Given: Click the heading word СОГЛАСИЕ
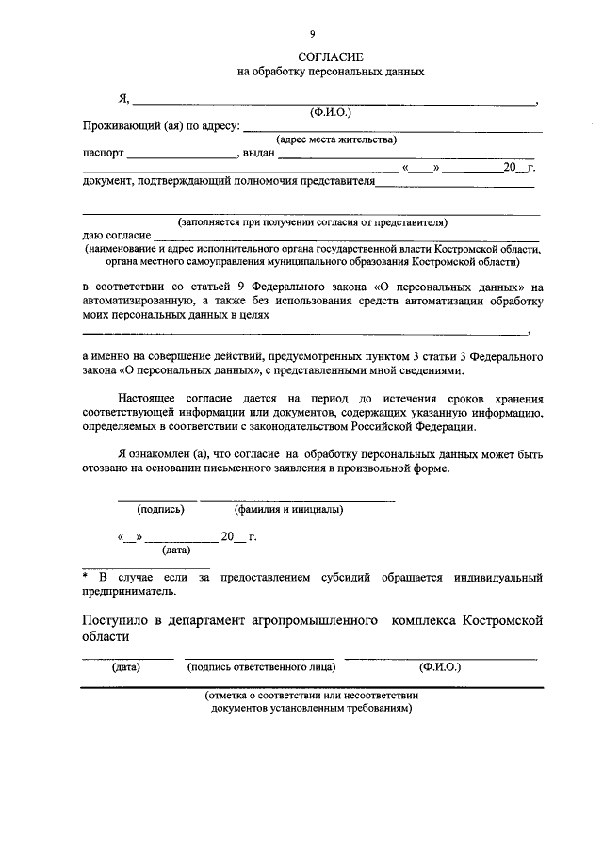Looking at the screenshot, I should click(312, 57).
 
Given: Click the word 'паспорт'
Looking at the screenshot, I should click(104, 154).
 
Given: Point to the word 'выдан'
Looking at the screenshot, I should click(258, 154).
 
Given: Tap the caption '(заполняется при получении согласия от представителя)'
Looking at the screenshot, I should click(312, 222).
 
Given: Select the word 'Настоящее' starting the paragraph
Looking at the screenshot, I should click(149, 399).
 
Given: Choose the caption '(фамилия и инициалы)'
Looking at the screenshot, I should click(288, 510).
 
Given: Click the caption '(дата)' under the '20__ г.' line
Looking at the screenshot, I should click(176, 550).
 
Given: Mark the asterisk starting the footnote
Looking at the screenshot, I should click(87, 576).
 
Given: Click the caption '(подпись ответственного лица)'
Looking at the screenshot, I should click(262, 666).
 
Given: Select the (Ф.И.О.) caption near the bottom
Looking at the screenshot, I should click(440, 666).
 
